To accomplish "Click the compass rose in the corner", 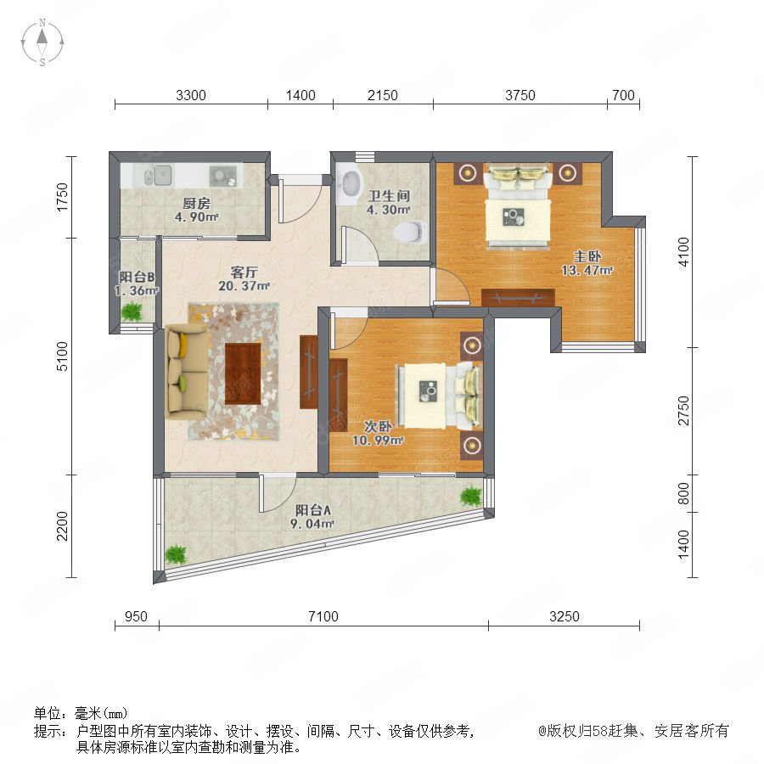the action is pos(42,42).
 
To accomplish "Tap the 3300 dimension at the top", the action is pos(190,95).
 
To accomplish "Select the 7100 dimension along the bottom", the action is pos(323,616).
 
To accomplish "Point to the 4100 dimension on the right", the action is pos(683,252).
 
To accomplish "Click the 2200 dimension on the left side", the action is pos(62,525).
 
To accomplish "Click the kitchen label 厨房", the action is pos(196,203).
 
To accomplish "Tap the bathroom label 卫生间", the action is pos(389,196).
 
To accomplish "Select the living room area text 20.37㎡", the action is pos(244,285).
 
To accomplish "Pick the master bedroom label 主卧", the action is pos(587,256).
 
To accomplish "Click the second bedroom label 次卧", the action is pos(378,426).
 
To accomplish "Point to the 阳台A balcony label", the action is pos(312,510).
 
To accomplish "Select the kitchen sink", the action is pos(159,175).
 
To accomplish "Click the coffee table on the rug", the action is pos(243,374).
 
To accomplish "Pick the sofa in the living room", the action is pos(186,372).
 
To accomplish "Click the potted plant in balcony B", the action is pos(132,312).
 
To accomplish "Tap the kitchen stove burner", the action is pos(222,176).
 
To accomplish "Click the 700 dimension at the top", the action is pos(623,95).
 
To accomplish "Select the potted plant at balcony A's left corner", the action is pos(176,554).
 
